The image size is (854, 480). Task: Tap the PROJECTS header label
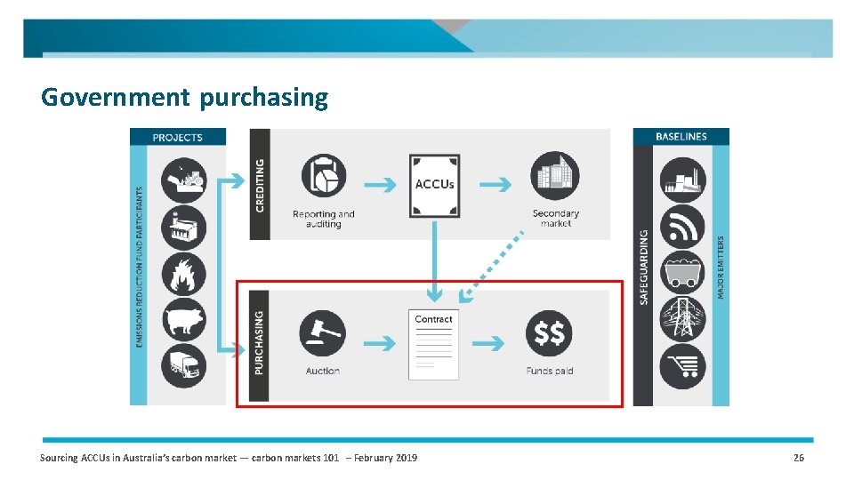pos(177,137)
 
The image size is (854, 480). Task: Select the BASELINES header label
pos(681,136)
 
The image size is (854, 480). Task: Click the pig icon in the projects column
pos(183,320)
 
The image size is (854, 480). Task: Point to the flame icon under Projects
pos(183,274)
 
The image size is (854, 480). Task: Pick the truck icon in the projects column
pos(183,365)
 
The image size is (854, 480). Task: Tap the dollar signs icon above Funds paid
pos(549,333)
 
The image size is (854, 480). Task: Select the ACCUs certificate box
pos(434,186)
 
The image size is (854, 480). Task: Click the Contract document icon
pos(434,344)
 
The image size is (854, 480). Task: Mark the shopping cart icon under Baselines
pos(682,365)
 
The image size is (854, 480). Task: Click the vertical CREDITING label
pos(260,184)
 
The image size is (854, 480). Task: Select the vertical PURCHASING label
pos(260,341)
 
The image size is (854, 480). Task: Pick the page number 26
pos(798,458)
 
